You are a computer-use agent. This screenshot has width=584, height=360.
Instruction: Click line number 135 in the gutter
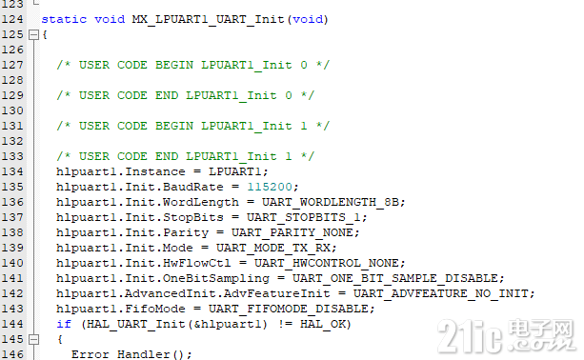tap(13, 187)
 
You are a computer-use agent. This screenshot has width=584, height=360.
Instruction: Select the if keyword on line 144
tap(63, 324)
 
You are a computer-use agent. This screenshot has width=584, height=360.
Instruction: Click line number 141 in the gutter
tap(13, 278)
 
